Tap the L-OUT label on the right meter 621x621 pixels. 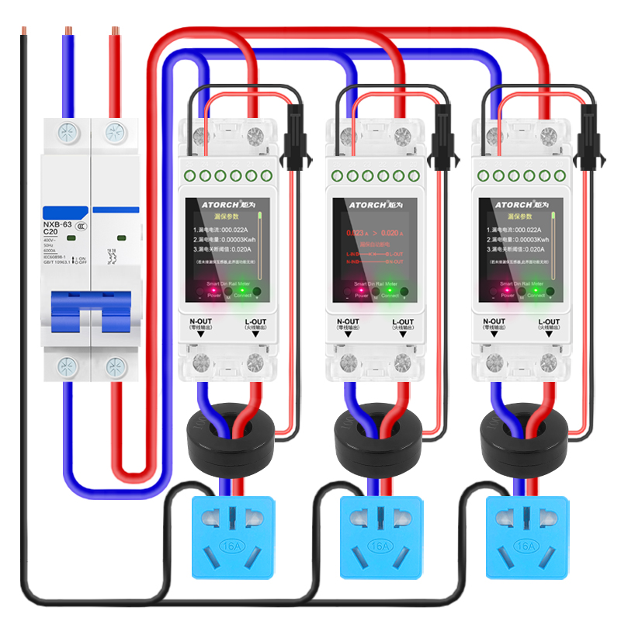coord(549,321)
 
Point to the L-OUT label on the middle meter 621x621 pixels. coord(403,321)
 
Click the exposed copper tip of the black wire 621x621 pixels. coord(23,32)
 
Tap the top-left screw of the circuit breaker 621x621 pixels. coord(68,134)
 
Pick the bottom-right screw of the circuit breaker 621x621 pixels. coord(116,365)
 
